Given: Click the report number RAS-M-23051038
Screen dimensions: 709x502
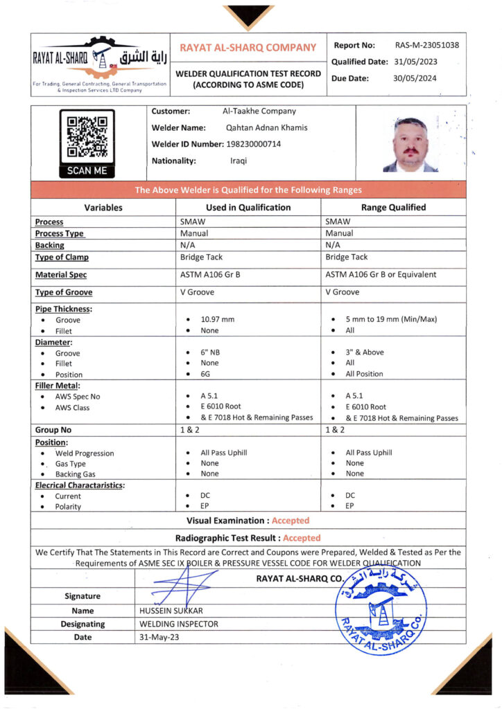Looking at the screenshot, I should pyautogui.click(x=427, y=46).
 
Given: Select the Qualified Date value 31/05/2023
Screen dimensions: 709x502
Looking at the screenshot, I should pyautogui.click(x=415, y=62).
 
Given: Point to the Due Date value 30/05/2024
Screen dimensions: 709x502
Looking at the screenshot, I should pyautogui.click(x=415, y=78).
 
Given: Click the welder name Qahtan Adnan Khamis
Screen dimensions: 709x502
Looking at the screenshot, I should pyautogui.click(x=267, y=127).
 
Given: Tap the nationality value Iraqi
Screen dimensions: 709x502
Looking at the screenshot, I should pyautogui.click(x=239, y=161).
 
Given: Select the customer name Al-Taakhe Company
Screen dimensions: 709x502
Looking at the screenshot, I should pyautogui.click(x=259, y=111).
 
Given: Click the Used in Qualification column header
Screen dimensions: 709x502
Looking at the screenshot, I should pyautogui.click(x=248, y=207).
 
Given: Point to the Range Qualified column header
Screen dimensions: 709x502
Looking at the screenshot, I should pyautogui.click(x=393, y=207).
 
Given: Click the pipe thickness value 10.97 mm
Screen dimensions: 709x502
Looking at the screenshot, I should pyautogui.click(x=218, y=319).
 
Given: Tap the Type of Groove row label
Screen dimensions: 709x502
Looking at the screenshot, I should pyautogui.click(x=64, y=292).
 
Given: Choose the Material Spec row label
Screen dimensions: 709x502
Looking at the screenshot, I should pyautogui.click(x=62, y=275).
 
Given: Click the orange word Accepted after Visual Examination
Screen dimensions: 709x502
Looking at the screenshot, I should pyautogui.click(x=291, y=520).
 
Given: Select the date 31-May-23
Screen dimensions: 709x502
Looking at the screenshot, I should pyautogui.click(x=159, y=637).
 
